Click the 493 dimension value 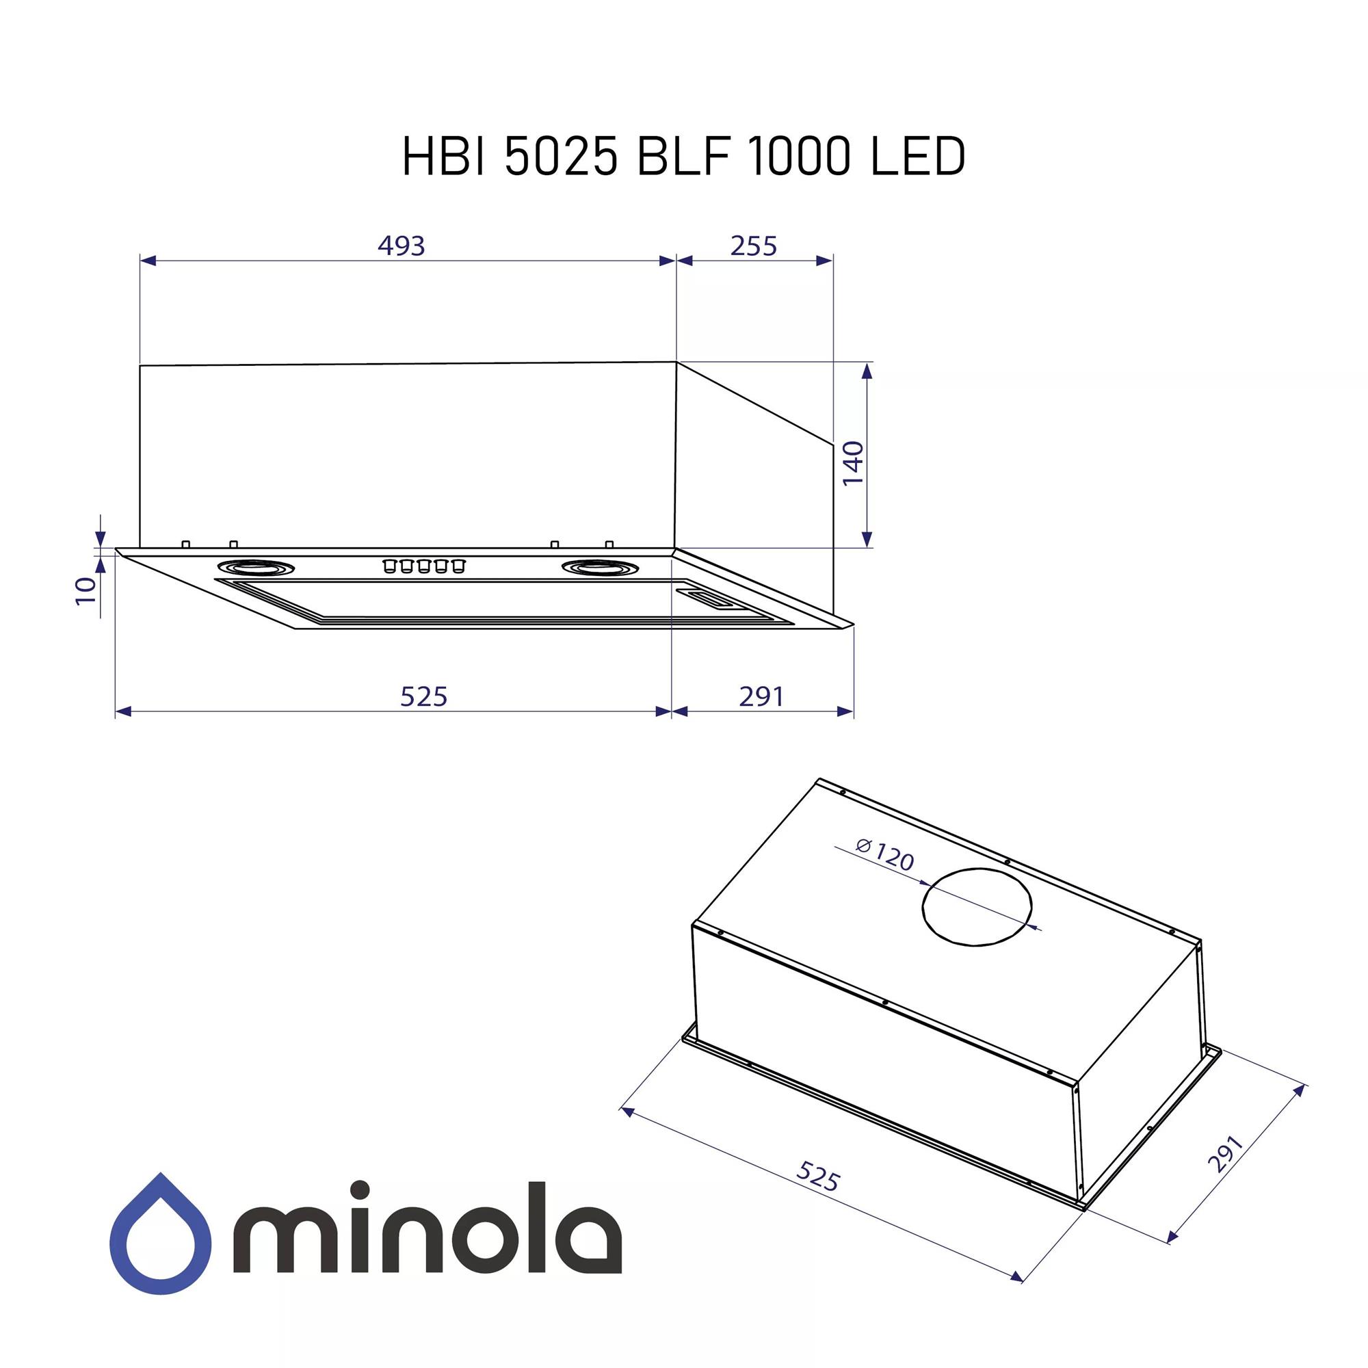401,246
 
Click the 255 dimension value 753,246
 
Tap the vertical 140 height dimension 853,463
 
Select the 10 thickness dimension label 85,590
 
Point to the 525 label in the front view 423,697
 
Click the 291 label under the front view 761,697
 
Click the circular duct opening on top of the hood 977,907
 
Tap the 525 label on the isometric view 818,1176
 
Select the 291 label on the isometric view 1225,1154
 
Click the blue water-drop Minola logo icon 160,1233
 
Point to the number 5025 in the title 560,157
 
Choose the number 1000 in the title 798,157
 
